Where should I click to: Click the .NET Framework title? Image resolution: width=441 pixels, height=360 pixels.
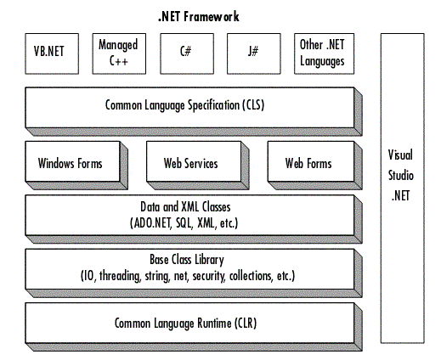[199, 16]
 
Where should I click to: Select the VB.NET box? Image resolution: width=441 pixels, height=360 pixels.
[52, 53]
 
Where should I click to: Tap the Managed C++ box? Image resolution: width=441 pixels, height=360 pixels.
[119, 53]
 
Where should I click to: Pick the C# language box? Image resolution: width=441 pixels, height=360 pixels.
[187, 53]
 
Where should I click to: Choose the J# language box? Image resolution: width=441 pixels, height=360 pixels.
[254, 53]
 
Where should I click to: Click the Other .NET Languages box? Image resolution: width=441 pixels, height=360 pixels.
[324, 53]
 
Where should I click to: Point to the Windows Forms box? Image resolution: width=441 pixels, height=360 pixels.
[76, 166]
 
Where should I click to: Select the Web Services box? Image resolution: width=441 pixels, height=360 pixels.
[198, 166]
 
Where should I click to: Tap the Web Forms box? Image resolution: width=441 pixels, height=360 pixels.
[315, 166]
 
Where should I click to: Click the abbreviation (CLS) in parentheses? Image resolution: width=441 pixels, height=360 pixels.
[253, 105]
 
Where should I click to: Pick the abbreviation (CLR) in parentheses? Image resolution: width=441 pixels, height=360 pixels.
[246, 323]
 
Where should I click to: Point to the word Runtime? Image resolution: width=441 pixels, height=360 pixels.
[214, 323]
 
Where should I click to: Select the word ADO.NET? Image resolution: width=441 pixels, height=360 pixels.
[152, 223]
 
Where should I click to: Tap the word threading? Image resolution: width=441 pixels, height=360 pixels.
[120, 276]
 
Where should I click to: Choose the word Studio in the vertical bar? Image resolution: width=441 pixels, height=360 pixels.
[401, 176]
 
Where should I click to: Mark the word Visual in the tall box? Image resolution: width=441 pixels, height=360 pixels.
[400, 155]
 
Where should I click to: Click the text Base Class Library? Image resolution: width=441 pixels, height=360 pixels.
[187, 260]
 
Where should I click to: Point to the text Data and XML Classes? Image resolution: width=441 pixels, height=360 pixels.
[185, 207]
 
